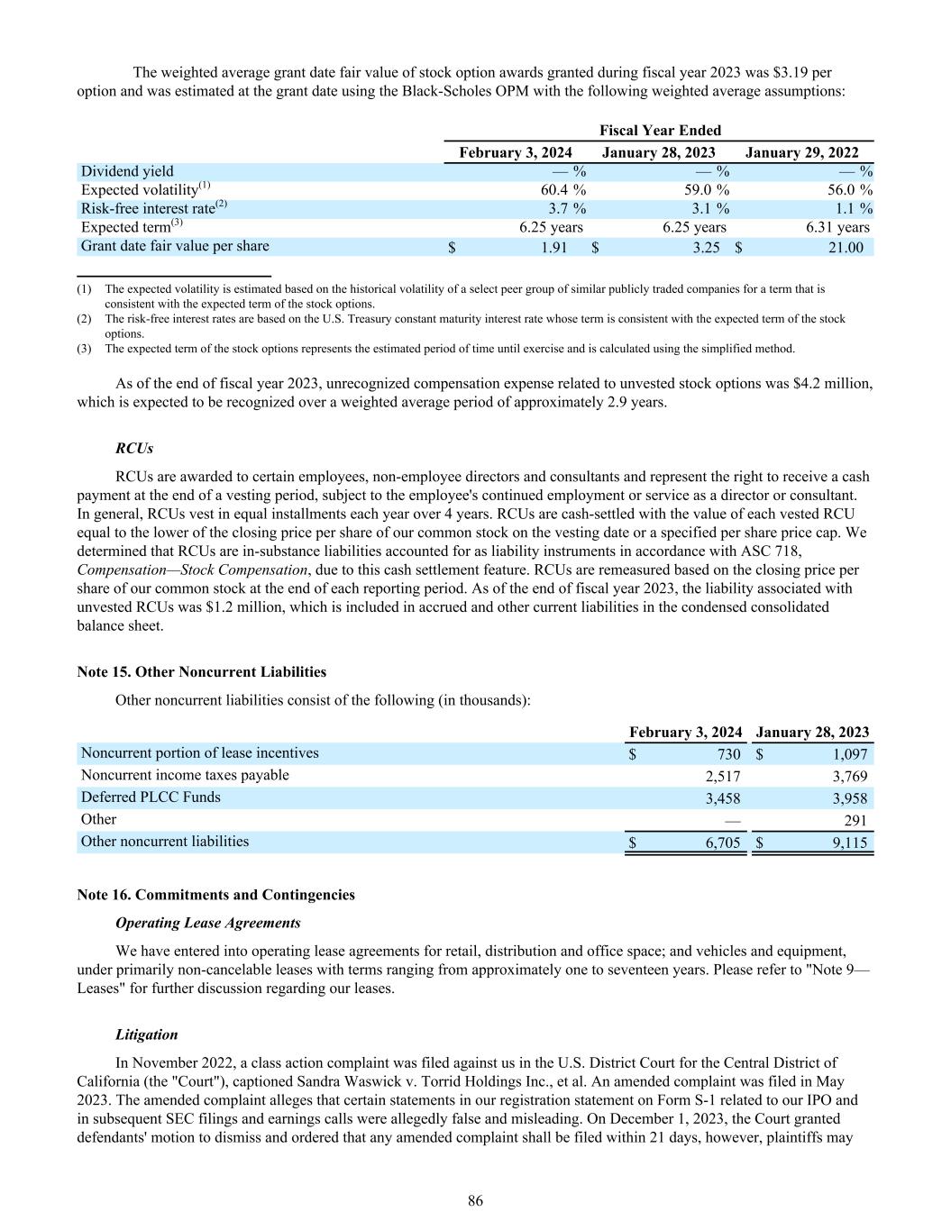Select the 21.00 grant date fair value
pyautogui.click(x=845, y=247)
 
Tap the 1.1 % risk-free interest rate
pyautogui.click(x=853, y=209)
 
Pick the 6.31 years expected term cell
pyautogui.click(x=837, y=228)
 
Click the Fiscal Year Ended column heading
pyautogui.click(x=660, y=131)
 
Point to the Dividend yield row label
pyautogui.click(x=127, y=171)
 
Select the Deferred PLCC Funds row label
pyautogui.click(x=151, y=797)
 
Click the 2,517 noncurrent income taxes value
pyautogui.click(x=722, y=776)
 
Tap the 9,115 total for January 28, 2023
pyautogui.click(x=850, y=843)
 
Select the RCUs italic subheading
pyautogui.click(x=134, y=448)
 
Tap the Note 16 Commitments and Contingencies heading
pyautogui.click(x=216, y=895)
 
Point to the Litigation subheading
pyautogui.click(x=147, y=1034)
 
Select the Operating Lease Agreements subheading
pyautogui.click(x=208, y=923)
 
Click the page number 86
pyautogui.click(x=475, y=1200)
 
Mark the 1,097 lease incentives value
pyautogui.click(x=848, y=754)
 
